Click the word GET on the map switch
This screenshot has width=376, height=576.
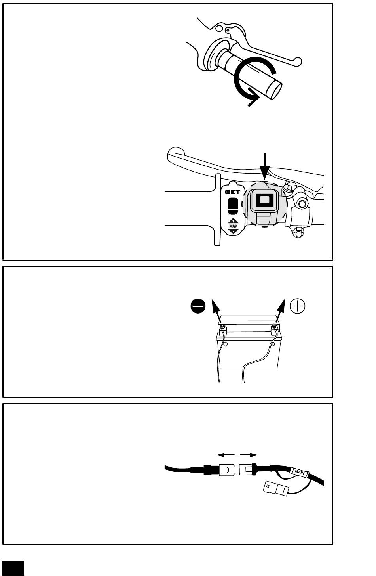233,192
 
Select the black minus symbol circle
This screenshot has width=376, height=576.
197,306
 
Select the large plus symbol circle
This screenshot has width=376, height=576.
298,306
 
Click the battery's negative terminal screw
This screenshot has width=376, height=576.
222,327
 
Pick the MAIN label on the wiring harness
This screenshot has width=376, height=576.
299,471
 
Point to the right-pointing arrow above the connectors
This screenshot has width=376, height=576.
251,455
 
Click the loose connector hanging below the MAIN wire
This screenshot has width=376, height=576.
276,488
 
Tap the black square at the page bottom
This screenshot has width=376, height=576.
13,568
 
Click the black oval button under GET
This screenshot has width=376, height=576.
233,204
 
